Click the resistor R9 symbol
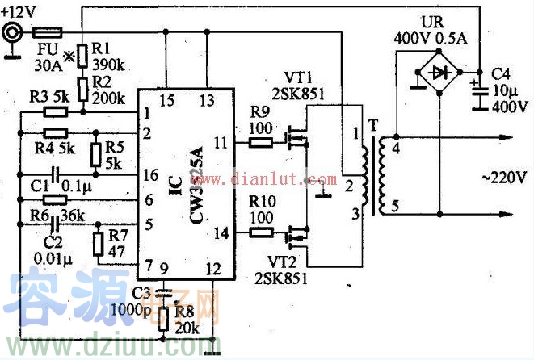click(260, 142)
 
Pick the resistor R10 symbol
click(260, 232)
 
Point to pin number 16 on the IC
click(147, 174)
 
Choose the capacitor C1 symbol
click(55, 174)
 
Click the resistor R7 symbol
click(99, 244)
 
